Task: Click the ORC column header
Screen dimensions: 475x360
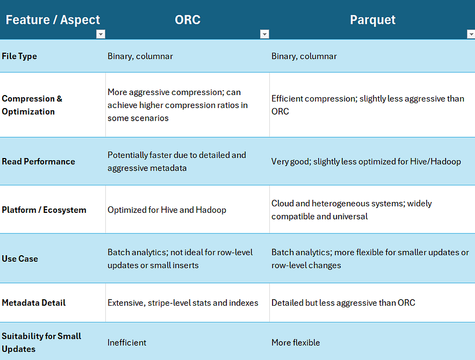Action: point(187,20)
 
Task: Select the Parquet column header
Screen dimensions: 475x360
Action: point(372,20)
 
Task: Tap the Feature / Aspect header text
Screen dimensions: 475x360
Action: point(53,20)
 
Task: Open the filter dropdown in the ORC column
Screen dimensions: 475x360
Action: point(264,34)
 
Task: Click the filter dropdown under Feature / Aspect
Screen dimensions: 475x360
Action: point(100,34)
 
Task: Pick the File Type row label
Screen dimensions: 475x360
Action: point(20,56)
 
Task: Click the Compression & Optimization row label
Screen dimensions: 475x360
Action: point(32,105)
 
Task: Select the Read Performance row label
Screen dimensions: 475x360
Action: point(39,161)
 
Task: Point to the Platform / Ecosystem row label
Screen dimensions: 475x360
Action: point(44,210)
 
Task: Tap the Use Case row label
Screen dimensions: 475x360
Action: point(20,258)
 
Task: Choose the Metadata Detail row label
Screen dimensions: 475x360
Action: point(34,303)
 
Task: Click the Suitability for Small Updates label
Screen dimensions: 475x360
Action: point(41,343)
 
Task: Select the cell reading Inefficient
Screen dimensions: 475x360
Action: point(127,343)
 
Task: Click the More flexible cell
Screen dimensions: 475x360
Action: point(296,343)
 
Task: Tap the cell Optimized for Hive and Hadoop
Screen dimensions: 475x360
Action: point(167,210)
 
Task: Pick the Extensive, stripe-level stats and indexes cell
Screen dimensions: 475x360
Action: point(183,303)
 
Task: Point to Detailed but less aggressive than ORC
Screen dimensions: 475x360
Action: point(343,303)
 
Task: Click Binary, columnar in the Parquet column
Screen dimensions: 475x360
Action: point(304,56)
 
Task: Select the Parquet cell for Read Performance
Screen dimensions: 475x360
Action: point(366,161)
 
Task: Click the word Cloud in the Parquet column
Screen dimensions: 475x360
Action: point(282,203)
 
